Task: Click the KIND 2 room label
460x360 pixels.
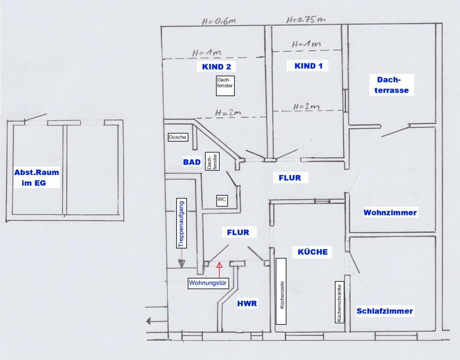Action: pyautogui.click(x=217, y=67)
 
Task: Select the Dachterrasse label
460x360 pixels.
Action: pyautogui.click(x=389, y=85)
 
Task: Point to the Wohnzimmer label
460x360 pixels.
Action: pyautogui.click(x=390, y=213)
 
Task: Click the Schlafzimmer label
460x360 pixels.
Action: pyautogui.click(x=384, y=311)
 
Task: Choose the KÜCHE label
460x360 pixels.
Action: pyautogui.click(x=312, y=252)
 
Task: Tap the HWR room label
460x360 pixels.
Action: pyautogui.click(x=247, y=304)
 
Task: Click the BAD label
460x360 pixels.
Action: pyautogui.click(x=192, y=162)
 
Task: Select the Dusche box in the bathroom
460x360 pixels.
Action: pyautogui.click(x=177, y=137)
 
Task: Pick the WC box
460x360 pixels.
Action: pyautogui.click(x=222, y=199)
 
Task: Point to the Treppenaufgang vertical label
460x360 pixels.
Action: pyautogui.click(x=181, y=223)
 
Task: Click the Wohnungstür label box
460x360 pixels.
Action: pyautogui.click(x=208, y=283)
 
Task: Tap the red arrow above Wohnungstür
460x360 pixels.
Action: pyautogui.click(x=220, y=269)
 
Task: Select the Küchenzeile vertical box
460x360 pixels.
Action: pyautogui.click(x=281, y=294)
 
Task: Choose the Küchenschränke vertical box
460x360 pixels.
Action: pyautogui.click(x=339, y=301)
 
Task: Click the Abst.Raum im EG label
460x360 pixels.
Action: pyautogui.click(x=37, y=178)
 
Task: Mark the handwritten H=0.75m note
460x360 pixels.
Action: pyautogui.click(x=306, y=20)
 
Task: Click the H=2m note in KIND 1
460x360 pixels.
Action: pyautogui.click(x=307, y=107)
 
